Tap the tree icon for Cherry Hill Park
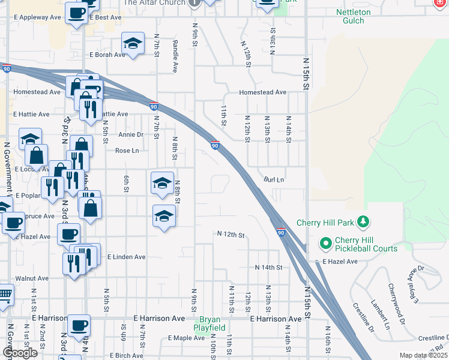pos(363,223)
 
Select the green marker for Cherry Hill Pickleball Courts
pos(326,244)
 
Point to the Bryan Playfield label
pos(209,324)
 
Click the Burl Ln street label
pos(274,179)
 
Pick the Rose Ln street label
pos(127,151)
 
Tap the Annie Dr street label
pos(131,134)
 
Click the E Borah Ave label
pos(107,55)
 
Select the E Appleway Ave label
pos(37,17)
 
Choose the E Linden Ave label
pos(126,257)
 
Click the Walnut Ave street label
pos(32,278)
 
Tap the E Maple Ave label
pos(187,338)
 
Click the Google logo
pos(20,352)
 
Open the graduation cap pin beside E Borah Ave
pos(133,44)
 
